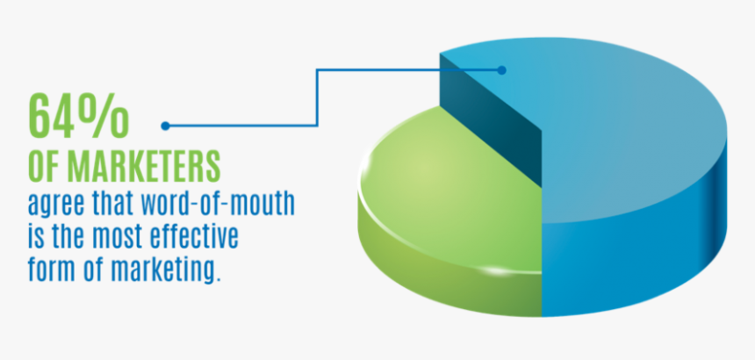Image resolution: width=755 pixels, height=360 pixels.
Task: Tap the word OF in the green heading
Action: pos(44,167)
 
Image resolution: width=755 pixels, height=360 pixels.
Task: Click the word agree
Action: pos(54,206)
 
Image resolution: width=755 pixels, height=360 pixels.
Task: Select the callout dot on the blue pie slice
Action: pos(501,69)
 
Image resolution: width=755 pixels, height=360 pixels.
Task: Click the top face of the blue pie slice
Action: pos(615,132)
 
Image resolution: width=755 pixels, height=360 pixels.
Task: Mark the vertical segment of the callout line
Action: pos(317,97)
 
